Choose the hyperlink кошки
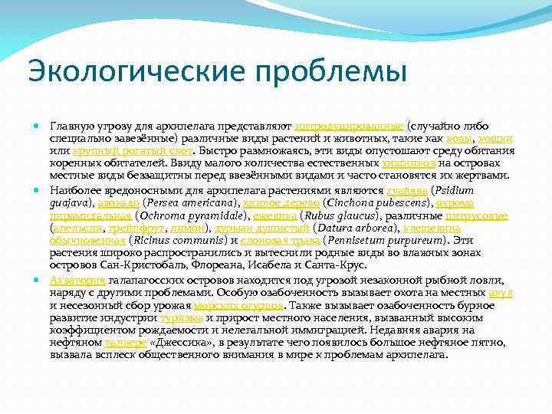click(498, 139)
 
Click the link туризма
click(182, 318)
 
